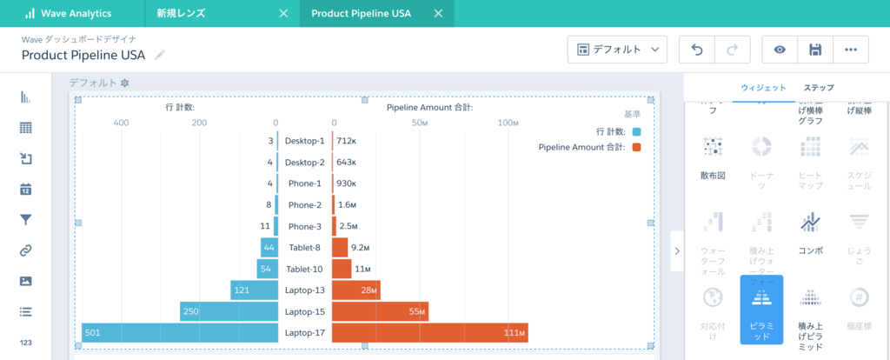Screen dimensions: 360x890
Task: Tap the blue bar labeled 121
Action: pyautogui.click(x=254, y=290)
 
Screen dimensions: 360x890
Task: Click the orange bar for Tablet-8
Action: pyautogui.click(x=340, y=247)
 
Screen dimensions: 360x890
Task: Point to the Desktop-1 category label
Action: pyautogui.click(x=304, y=141)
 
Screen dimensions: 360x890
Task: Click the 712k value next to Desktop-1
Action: pyautogui.click(x=346, y=141)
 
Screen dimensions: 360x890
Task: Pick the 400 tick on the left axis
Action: pyautogui.click(x=121, y=123)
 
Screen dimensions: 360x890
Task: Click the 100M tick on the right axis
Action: pyautogui.click(x=508, y=123)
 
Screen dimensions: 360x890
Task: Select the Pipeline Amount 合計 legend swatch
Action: pyautogui.click(x=637, y=147)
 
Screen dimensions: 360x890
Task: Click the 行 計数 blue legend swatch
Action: pyautogui.click(x=637, y=131)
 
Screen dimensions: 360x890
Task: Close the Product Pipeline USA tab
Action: pyautogui.click(x=437, y=14)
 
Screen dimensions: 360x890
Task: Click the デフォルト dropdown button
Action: pyautogui.click(x=617, y=50)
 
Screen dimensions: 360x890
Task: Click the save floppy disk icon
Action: pyautogui.click(x=815, y=50)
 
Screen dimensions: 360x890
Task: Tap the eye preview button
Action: pyautogui.click(x=780, y=50)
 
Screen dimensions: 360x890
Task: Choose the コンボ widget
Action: pyautogui.click(x=810, y=230)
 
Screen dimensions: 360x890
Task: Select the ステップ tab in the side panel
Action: pyautogui.click(x=819, y=88)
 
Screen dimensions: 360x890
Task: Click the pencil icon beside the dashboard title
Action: pyautogui.click(x=159, y=55)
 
